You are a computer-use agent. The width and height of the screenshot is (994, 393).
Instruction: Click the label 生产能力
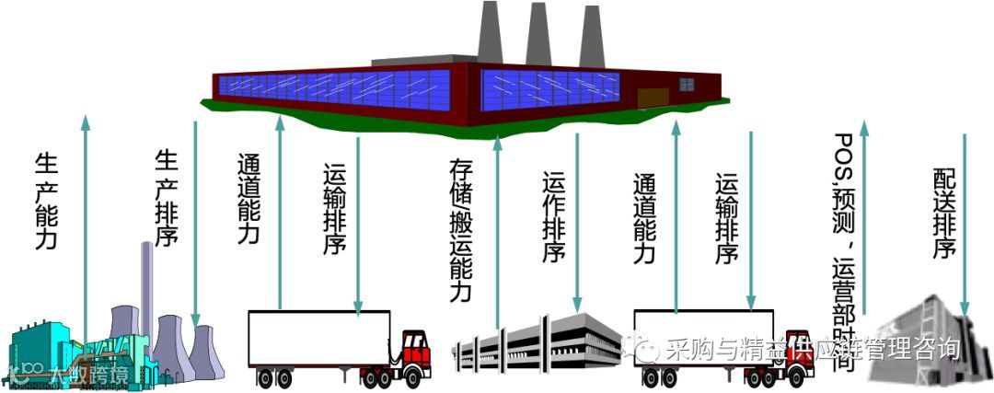tap(46, 202)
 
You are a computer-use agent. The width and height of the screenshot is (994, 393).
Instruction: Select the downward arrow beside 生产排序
tap(195, 221)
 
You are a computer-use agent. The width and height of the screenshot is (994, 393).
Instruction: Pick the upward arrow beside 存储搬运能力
tap(498, 230)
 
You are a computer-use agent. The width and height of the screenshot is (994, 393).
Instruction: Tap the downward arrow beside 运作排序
tap(577, 221)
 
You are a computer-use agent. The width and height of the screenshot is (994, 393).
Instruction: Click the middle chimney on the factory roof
tap(538, 37)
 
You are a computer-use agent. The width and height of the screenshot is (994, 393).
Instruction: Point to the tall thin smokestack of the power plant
tap(146, 285)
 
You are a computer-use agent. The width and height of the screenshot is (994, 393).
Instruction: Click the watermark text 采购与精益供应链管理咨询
tap(814, 349)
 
